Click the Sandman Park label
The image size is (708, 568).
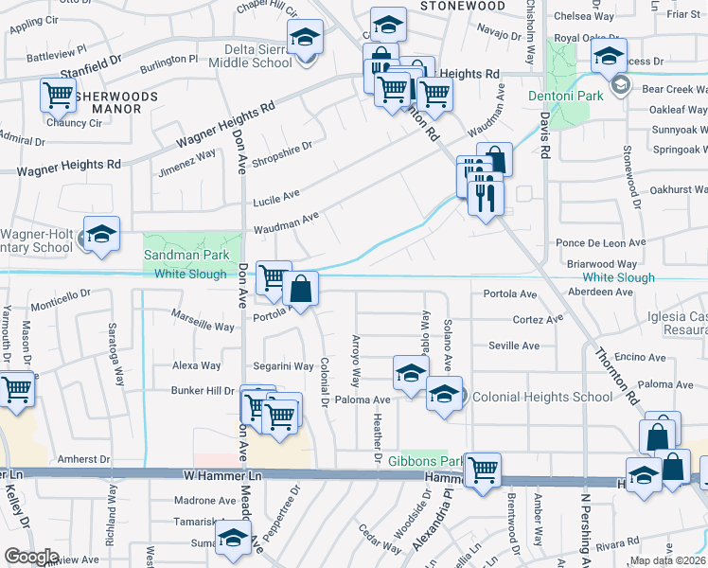coord(187,255)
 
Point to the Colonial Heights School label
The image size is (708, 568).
coord(541,397)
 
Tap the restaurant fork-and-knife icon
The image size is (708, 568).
coord(485,196)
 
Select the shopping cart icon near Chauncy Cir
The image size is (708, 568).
coord(58,95)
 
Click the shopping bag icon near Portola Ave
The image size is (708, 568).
coord(300,289)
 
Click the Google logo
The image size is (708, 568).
coord(31,557)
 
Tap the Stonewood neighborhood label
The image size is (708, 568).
coord(462,6)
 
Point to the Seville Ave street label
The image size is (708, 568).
coord(515,346)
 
